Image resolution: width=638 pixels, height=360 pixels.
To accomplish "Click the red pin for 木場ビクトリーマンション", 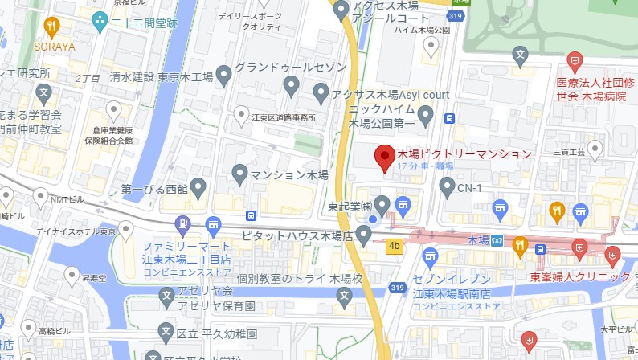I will [385, 157].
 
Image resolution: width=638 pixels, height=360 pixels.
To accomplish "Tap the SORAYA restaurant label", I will [54, 47].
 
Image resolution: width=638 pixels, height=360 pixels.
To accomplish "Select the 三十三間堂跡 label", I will [144, 23].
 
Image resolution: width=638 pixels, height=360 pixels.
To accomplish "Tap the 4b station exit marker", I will [394, 246].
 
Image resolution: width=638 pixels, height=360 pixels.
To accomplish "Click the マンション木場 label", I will [290, 174].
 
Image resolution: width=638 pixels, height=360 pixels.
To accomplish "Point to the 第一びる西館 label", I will [154, 190].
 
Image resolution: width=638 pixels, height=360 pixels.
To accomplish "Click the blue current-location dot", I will [372, 219].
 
